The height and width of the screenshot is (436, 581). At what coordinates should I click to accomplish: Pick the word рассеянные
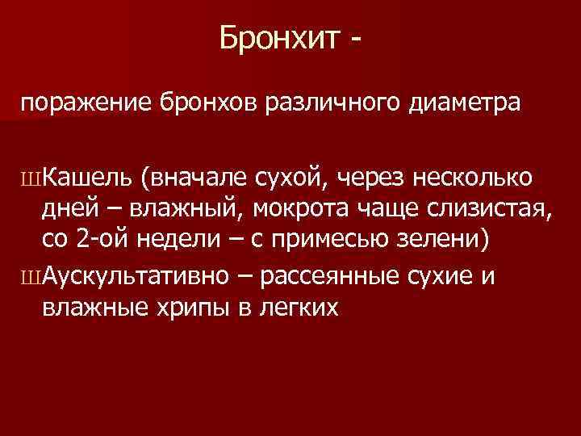pyautogui.click(x=332, y=277)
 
